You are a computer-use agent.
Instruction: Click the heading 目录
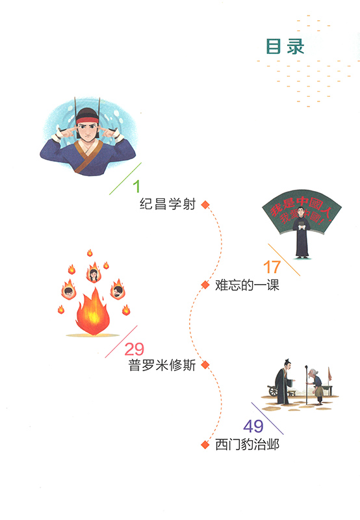285,46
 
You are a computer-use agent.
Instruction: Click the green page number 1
136,187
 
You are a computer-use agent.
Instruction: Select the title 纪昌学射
168,204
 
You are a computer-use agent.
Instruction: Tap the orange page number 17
272,267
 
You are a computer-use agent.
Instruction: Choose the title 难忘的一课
248,285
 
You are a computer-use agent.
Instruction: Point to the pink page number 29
135,349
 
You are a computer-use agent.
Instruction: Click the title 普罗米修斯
162,365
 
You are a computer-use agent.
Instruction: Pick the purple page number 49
253,426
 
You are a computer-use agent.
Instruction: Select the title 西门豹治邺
248,445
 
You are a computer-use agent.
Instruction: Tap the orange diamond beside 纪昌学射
205,205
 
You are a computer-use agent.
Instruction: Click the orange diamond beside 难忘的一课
205,285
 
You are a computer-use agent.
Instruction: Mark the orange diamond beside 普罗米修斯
205,365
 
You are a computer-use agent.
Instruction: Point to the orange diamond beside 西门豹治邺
205,445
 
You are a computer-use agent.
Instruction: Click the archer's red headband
87,120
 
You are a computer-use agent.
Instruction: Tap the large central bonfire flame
93,313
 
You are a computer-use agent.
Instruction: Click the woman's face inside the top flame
94,275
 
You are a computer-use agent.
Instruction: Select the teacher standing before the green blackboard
302,233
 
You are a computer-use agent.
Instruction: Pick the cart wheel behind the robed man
273,391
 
